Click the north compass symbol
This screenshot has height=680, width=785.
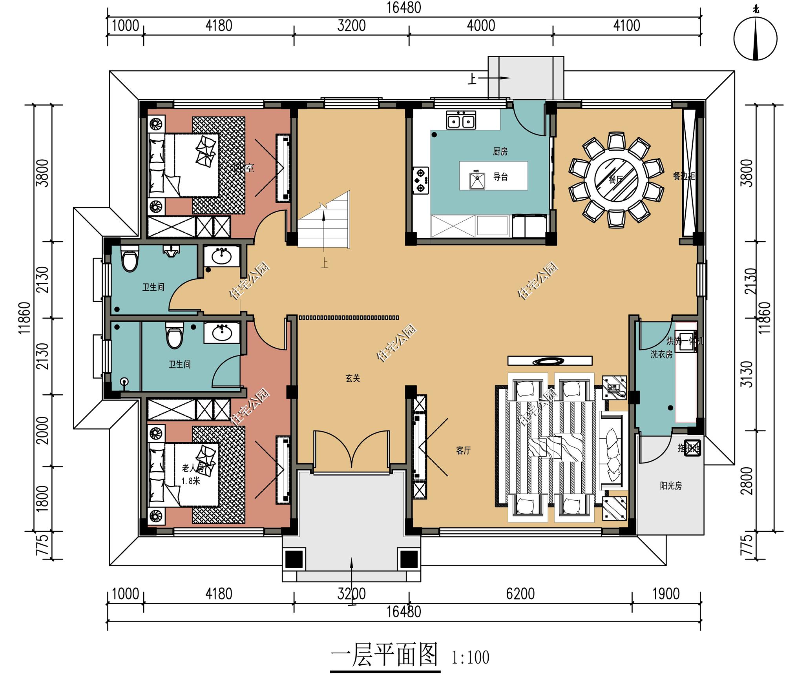tap(755, 39)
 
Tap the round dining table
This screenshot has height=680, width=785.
tap(616, 179)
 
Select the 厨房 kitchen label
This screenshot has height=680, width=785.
tap(500, 151)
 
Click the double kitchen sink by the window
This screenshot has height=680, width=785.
tap(461, 120)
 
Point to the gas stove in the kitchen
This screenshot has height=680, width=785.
tap(421, 180)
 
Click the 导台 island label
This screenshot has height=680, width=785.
tap(500, 177)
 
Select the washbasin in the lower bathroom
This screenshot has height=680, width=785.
tap(222, 333)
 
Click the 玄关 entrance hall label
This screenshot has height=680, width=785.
tap(352, 378)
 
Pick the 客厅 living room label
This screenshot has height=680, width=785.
tap(463, 450)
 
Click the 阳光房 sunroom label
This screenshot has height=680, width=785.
tap(670, 486)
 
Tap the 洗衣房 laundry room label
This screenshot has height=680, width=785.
tap(661, 354)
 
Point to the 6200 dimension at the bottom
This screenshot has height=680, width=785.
tap(520, 594)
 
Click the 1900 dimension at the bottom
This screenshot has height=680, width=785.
tap(666, 594)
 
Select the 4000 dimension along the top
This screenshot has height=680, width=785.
tap(481, 26)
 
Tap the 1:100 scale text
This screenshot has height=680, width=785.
tap(470, 658)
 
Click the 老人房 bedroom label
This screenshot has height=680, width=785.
tap(193, 468)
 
